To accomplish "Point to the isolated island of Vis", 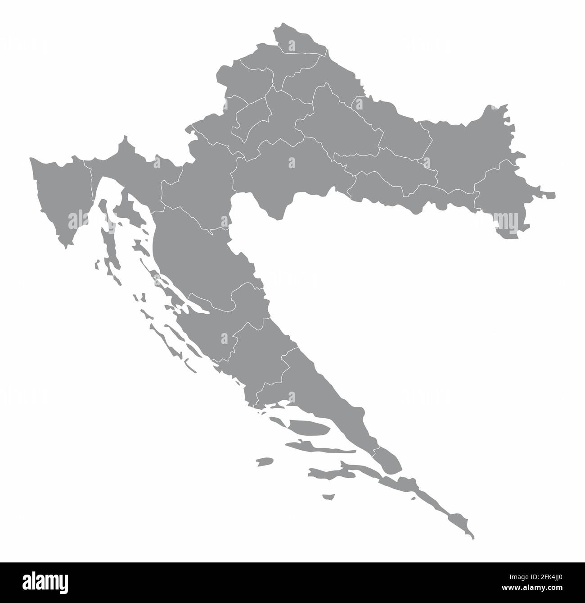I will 264,461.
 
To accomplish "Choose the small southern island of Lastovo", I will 329,497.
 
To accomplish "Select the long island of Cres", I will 106,225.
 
